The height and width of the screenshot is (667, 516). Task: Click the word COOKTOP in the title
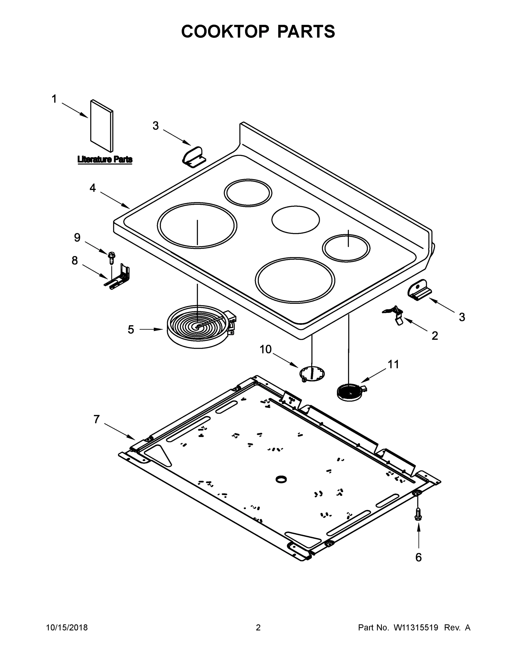pos(225,31)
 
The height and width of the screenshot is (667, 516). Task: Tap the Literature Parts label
pos(105,160)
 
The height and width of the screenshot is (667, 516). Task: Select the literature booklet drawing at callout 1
pos(102,126)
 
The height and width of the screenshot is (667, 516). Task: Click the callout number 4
pos(93,188)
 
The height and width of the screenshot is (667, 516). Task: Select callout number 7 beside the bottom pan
pos(97,420)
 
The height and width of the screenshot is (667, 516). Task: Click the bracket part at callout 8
pos(120,278)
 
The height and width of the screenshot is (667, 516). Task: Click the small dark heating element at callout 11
pos(350,392)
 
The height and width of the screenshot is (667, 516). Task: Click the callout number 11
pos(393,364)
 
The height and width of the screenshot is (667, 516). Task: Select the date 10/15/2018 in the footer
pos(67,628)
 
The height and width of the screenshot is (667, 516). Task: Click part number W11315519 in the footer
pos(416,628)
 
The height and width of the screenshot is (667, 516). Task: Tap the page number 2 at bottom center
pos(258,628)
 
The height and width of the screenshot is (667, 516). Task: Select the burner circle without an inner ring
pos(296,220)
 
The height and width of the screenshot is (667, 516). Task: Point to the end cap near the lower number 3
pos(419,290)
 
